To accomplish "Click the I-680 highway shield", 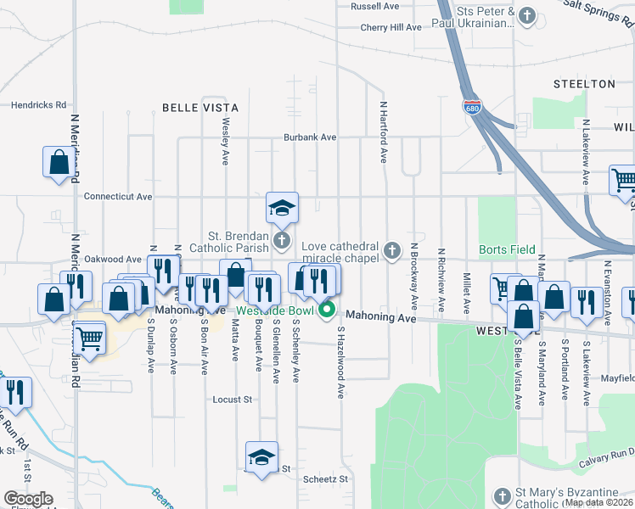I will [x=472, y=108].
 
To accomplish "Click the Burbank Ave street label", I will [x=310, y=137].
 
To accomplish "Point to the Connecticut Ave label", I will [x=117, y=196].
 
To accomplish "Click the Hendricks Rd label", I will [x=38, y=105].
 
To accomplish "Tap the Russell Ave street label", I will [x=374, y=6].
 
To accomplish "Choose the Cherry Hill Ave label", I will [x=391, y=27].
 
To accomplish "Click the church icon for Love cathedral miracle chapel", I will [x=391, y=249].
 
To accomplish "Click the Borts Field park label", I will [x=507, y=249].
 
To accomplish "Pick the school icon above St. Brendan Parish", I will [x=282, y=206].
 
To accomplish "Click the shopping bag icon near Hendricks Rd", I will [x=59, y=163].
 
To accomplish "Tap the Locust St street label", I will [x=233, y=399].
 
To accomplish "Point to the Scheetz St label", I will [x=326, y=478].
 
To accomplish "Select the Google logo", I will [x=28, y=499].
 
